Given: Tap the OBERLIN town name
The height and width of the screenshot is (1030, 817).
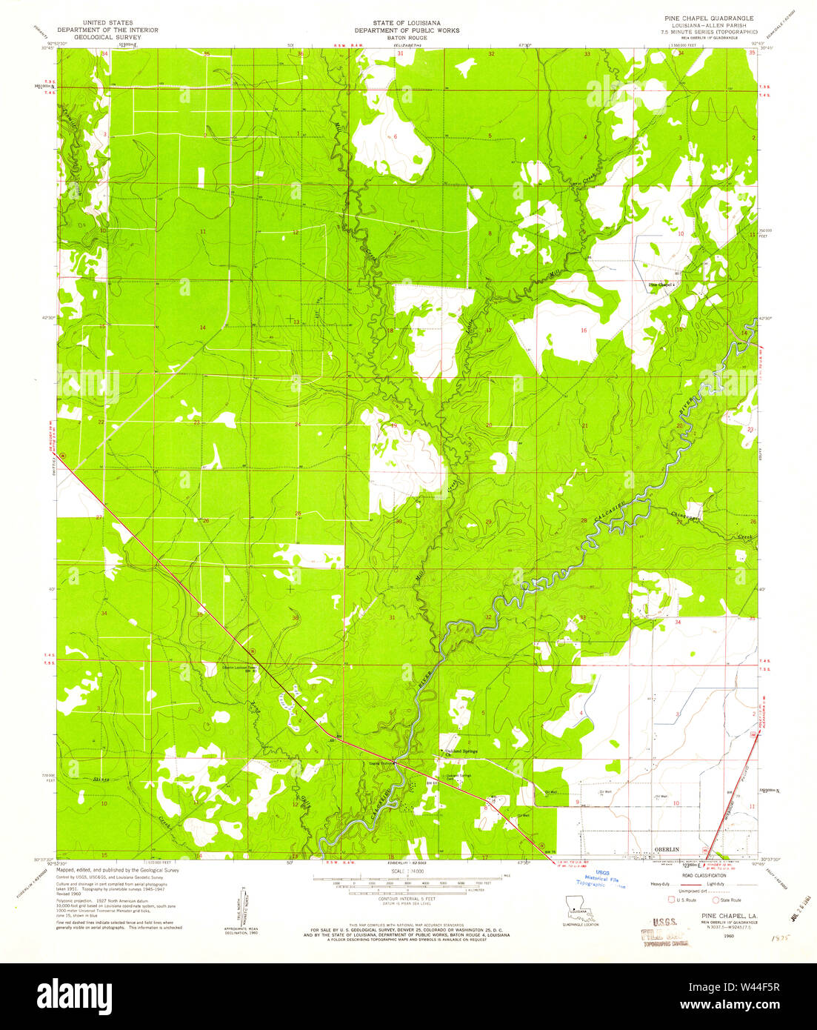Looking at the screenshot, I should pyautogui.click(x=666, y=848).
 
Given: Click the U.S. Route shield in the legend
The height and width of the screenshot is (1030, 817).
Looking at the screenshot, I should pyautogui.click(x=671, y=900).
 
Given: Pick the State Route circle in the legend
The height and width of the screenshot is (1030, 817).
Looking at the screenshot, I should pyautogui.click(x=716, y=900).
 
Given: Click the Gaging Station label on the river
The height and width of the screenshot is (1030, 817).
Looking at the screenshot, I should pyautogui.click(x=380, y=761).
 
